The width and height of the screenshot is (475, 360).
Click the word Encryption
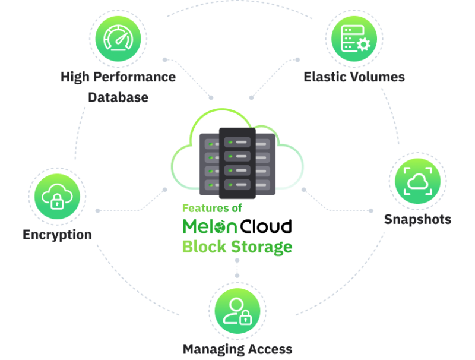click(57, 235)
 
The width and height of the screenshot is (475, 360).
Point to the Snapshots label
click(417, 219)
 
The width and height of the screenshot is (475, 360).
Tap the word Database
click(118, 97)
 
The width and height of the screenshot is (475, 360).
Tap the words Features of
click(211, 209)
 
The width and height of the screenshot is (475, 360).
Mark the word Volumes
click(378, 77)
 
